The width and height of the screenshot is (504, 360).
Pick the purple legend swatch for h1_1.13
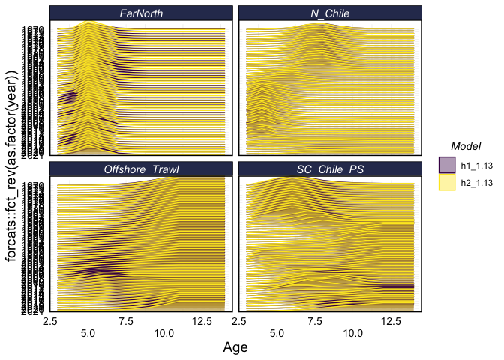pos(447,163)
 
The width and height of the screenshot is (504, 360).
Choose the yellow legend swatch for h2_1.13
pos(447,182)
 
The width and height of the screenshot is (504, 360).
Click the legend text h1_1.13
pos(476,163)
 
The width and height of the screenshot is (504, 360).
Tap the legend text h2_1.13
pos(476,182)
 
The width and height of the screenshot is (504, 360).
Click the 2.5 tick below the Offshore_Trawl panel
pos(51,321)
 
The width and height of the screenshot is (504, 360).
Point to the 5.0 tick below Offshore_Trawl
pos(88,331)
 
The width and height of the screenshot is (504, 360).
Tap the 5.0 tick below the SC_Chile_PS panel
pos(277,331)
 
